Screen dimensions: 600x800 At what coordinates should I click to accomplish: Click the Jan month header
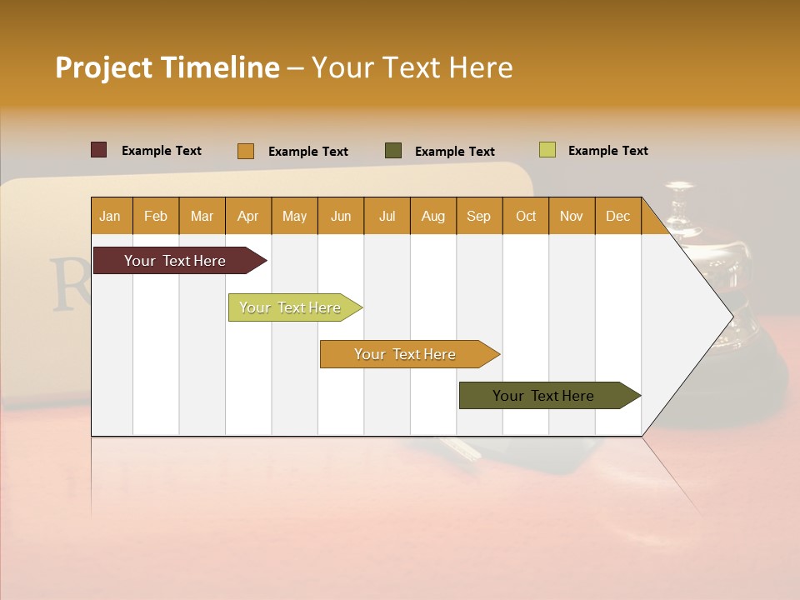(110, 216)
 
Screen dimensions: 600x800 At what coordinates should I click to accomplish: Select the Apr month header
(247, 216)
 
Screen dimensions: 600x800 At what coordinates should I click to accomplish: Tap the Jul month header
(387, 216)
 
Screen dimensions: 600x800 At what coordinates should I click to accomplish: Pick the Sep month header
(478, 216)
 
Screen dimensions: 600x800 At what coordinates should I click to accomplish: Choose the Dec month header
(617, 216)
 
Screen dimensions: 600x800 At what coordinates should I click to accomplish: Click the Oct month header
(525, 216)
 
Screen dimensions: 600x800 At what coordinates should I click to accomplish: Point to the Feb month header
(156, 216)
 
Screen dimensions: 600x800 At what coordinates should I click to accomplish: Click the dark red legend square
(98, 150)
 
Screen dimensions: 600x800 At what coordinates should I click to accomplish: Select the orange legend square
(245, 151)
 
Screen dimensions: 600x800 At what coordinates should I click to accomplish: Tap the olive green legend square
(393, 151)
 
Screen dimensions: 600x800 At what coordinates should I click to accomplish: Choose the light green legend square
(547, 150)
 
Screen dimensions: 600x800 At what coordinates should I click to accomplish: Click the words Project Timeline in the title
(167, 67)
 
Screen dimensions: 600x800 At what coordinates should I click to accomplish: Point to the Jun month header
(341, 216)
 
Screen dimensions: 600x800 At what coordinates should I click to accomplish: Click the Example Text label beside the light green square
(607, 151)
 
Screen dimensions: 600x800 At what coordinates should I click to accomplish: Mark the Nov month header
(572, 216)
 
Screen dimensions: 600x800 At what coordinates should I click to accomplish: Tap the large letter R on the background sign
(67, 284)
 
